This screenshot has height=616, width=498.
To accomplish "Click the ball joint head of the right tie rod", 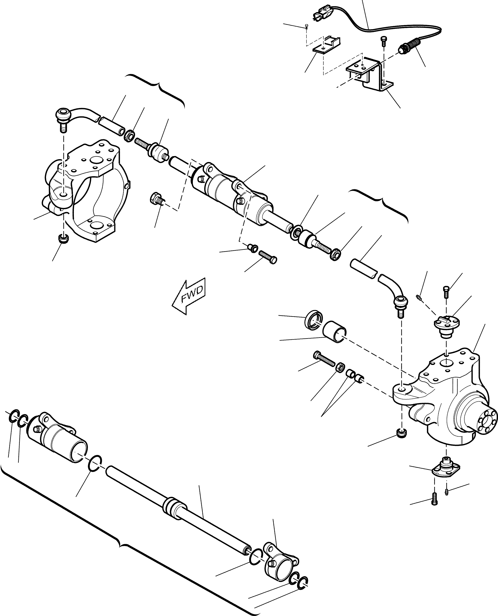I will click(x=400, y=301).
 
